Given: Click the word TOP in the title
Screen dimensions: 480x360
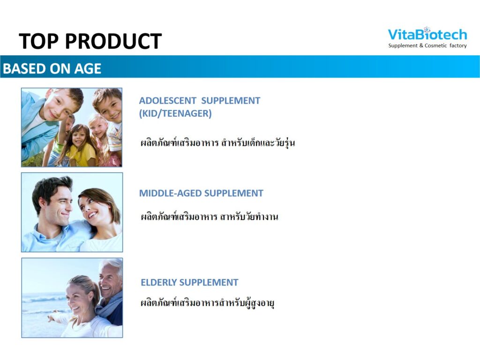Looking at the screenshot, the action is click(38, 41).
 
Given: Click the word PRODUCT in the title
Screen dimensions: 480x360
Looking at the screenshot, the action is click(113, 41).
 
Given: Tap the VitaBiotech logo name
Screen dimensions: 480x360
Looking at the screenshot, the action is click(427, 34).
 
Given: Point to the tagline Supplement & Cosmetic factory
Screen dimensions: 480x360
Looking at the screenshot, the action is click(427, 45).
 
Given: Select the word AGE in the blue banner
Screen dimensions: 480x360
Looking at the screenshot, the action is click(88, 68).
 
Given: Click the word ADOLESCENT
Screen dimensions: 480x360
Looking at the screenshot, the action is click(167, 101).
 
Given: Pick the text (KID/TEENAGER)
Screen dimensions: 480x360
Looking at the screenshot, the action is click(175, 113).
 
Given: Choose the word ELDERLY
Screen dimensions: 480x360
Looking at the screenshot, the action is click(158, 282).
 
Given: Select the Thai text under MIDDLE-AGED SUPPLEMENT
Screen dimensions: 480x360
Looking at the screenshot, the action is click(210, 217).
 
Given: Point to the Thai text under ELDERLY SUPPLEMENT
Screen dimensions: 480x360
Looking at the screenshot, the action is click(207, 303).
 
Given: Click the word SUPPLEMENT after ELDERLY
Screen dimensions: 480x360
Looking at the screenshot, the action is click(209, 282).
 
